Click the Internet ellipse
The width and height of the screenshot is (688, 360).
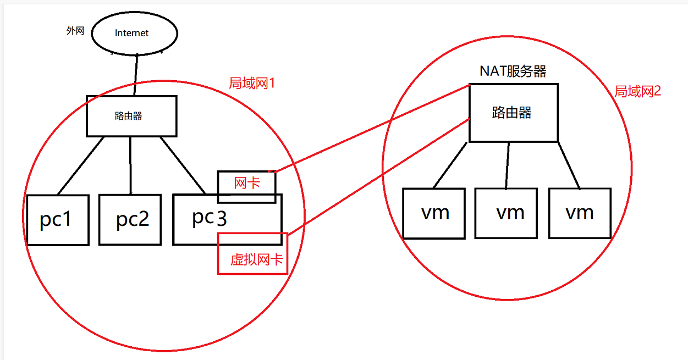click(134, 33)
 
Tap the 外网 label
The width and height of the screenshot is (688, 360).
click(75, 31)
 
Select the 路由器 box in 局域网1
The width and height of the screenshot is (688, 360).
click(131, 117)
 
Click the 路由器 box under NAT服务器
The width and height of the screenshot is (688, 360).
click(513, 113)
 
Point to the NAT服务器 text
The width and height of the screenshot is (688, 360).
click(513, 71)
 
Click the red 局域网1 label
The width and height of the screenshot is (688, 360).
click(251, 84)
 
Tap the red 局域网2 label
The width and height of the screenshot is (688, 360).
click(637, 91)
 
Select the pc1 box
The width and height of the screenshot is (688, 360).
click(57, 220)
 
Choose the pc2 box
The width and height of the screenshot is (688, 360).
click(130, 220)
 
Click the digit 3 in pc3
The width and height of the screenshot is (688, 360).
click(221, 219)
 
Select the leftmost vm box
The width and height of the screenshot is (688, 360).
click(434, 213)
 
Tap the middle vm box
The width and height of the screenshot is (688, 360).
click(507, 213)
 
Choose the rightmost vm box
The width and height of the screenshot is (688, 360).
click(580, 213)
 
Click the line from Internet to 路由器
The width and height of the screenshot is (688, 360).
click(135, 75)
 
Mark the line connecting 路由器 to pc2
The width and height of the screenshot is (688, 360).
click(130, 165)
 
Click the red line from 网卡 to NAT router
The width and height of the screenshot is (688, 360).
click(371, 129)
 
